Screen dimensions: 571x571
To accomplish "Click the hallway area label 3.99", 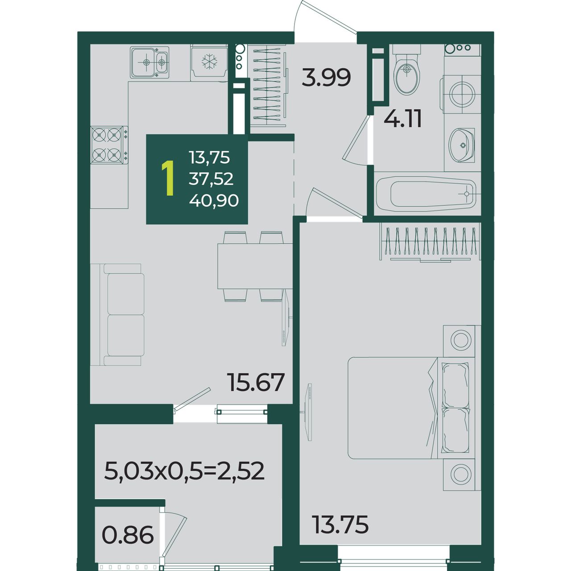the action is (326, 77).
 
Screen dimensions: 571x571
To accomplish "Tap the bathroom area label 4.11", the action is (403, 119).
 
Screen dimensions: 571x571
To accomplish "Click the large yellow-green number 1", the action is (168, 178).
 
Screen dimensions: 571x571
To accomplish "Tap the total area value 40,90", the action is (214, 201).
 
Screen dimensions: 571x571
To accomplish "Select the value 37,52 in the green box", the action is (211, 179).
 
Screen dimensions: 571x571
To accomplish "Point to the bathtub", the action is (427, 194).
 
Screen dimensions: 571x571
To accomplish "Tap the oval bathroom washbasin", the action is (461, 145).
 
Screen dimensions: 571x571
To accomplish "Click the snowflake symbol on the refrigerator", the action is (210, 62).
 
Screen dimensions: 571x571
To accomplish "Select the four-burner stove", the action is (109, 145).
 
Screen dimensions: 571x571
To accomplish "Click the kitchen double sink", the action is (149, 62).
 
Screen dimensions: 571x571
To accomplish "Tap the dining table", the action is (255, 266).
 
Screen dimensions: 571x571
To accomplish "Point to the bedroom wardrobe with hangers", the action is (430, 242).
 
